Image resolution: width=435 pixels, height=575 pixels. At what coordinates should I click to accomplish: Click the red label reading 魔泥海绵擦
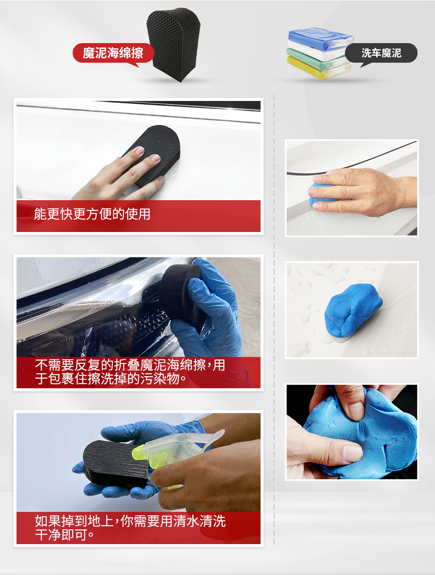[113, 53]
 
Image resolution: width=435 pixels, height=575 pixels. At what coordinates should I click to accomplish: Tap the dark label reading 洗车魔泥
[381, 53]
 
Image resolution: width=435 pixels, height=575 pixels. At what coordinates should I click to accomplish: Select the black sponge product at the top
[174, 44]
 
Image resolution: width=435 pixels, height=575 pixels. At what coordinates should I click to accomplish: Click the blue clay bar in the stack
[321, 38]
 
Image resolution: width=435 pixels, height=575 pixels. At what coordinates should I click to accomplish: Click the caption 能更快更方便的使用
[92, 214]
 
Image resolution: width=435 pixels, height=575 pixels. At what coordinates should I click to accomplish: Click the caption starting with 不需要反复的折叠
[130, 372]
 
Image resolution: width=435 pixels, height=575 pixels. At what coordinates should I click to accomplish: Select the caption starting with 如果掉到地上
[130, 528]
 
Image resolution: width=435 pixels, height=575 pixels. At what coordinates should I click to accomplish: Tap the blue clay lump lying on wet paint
[353, 310]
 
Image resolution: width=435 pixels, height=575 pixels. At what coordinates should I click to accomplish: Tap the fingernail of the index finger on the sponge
[140, 150]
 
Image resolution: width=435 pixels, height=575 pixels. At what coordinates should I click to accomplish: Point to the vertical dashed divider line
[274, 320]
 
